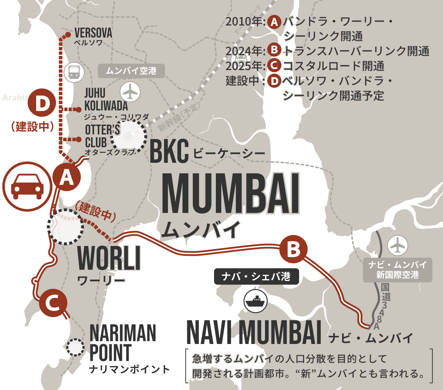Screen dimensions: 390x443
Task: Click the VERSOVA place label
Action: point(93,33)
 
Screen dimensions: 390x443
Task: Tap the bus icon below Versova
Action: point(74,72)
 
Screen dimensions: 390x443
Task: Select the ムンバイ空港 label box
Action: point(131,71)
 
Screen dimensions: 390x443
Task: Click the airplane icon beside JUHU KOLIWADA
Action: point(130,92)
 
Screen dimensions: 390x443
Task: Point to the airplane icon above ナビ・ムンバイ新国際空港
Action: point(398,245)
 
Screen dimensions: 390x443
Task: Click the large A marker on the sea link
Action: point(67,177)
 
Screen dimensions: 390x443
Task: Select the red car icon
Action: point(27,187)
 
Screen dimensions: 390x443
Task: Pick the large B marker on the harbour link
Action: point(293,249)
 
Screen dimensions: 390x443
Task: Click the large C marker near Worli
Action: point(53,303)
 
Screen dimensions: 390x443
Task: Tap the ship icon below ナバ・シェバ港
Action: point(256,301)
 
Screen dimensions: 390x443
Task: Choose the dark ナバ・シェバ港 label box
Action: point(256,276)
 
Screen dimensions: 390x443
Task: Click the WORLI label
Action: point(109,258)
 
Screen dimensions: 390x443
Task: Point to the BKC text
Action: point(169,152)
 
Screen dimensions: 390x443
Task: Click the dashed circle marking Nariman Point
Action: point(75,348)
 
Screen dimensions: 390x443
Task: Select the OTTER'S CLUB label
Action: point(102,136)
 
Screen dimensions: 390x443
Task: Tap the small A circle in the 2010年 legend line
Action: point(274,22)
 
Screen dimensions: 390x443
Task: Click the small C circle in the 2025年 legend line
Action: point(274,65)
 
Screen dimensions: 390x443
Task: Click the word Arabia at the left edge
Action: point(15,97)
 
